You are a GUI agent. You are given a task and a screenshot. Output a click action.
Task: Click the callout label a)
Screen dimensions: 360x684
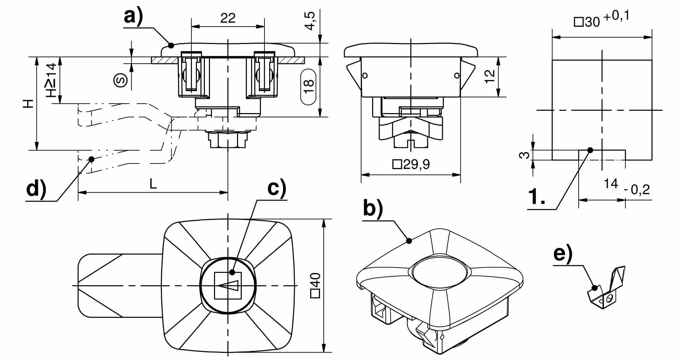pos(133,16)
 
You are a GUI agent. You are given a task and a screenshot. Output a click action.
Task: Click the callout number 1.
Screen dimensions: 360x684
pos(537,197)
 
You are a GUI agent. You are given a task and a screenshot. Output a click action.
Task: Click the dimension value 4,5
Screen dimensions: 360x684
pos(310,21)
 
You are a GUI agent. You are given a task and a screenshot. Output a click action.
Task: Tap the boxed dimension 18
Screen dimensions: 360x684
pos(308,87)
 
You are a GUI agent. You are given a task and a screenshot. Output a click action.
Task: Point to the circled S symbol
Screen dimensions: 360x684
pos(121,80)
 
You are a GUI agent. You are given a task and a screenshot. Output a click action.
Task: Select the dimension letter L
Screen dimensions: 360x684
pos(153,184)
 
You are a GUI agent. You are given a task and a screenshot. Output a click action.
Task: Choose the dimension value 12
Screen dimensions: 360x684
pos(490,76)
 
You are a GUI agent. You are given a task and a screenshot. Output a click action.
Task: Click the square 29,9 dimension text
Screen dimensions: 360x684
pos(411,165)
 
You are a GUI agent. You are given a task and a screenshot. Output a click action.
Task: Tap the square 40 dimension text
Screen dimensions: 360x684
pos(315,285)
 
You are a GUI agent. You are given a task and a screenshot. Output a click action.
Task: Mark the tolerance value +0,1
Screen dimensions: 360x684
pos(616,16)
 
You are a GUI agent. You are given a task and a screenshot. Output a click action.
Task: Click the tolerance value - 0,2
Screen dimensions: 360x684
pos(637,190)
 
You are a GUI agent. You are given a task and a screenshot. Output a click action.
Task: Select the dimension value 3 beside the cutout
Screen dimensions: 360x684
pos(524,155)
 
